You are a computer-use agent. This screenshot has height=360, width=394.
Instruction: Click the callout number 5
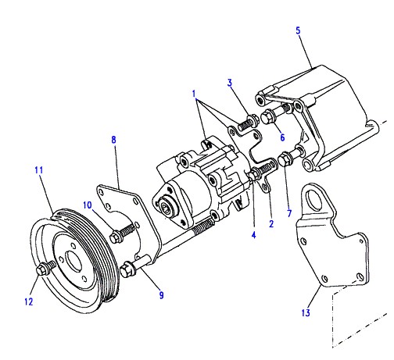point(298,30)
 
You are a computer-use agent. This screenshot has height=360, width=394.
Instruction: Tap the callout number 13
point(306,312)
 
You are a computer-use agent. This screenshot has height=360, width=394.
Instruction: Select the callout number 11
point(39,170)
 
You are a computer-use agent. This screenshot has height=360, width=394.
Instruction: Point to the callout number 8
point(113,140)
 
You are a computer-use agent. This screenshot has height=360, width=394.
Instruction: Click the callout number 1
point(194,94)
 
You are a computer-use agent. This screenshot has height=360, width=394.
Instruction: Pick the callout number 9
point(161,295)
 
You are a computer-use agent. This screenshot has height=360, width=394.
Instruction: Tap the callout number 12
point(29,301)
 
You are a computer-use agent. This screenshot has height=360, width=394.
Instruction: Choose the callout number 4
point(253,235)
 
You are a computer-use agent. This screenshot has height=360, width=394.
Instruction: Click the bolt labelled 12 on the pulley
point(46,268)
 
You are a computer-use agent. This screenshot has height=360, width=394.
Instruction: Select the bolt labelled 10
point(123,233)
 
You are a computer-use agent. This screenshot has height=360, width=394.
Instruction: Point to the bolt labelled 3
point(247,122)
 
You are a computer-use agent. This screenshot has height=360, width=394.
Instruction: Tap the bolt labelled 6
point(276,114)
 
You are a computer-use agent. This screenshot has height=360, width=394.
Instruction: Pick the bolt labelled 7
point(290,156)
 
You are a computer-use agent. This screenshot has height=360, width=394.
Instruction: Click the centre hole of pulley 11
point(74,261)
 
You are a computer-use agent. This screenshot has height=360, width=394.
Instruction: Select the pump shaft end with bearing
point(165,208)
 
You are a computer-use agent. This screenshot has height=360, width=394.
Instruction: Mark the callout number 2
point(271,223)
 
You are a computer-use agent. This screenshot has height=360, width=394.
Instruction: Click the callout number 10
point(88,205)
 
